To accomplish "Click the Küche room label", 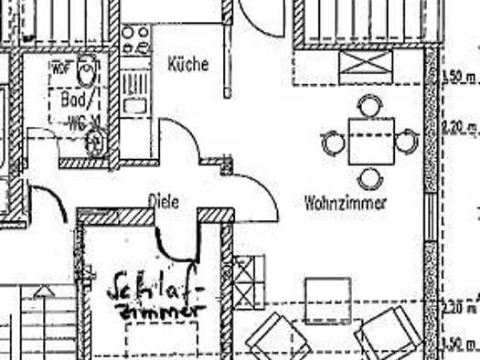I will (188, 65).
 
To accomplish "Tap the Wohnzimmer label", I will (346, 203).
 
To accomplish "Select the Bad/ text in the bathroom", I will (72, 98).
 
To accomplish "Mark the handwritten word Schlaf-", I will (155, 289).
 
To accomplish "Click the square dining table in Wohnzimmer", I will (370, 141).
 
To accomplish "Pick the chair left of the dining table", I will (333, 143).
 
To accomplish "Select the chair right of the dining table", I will (407, 142).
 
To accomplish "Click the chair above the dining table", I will (368, 106).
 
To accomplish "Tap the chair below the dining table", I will (369, 178).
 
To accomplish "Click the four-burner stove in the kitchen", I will (135, 40).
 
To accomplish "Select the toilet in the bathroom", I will (87, 69).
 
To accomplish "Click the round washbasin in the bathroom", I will (94, 143).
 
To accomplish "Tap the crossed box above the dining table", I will (365, 66).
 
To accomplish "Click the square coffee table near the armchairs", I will (326, 299).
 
